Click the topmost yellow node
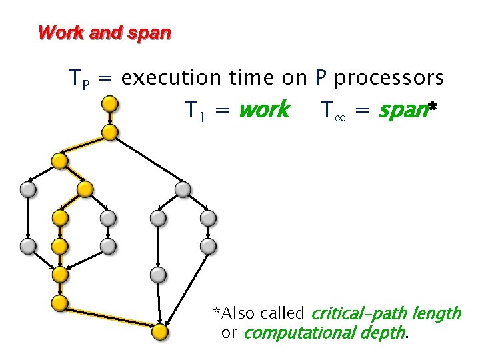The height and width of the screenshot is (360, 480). tap(110, 104)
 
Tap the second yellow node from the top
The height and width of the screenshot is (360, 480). tap(110, 133)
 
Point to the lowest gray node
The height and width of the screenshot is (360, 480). tap(157, 275)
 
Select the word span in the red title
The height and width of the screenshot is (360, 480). tap(153, 32)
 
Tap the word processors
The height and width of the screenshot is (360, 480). tap(389, 79)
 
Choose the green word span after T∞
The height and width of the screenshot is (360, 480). tap(401, 109)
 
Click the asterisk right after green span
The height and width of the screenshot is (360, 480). tap(432, 107)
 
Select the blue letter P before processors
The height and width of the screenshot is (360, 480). tap(321, 79)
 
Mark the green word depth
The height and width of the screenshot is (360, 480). tap(384, 332)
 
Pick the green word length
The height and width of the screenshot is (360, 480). tap(436, 313)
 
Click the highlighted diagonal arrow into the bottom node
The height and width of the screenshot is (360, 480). tap(109, 317)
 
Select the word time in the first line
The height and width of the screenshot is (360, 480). tap(252, 79)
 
